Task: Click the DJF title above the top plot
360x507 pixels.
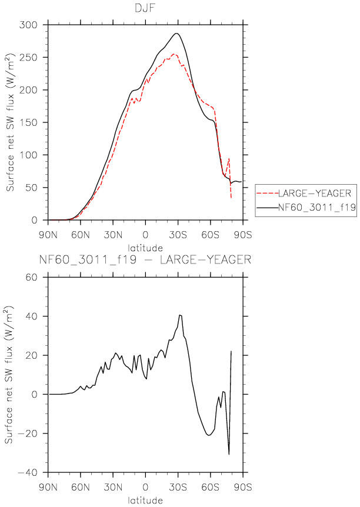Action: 145,8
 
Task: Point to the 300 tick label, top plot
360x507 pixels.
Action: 28,25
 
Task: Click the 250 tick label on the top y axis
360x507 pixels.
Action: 28,58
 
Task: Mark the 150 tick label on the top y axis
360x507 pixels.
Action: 28,122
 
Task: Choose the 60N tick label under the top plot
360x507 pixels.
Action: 80,235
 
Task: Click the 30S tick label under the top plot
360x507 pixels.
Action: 178,235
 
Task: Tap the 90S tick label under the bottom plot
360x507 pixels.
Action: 242,486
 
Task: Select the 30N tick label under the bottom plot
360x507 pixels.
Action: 113,486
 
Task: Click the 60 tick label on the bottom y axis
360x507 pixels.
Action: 31,277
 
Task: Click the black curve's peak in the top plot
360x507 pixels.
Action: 176,33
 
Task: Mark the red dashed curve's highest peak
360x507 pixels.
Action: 174,54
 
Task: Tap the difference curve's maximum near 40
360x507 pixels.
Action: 180,315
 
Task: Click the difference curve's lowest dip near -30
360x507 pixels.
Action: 229,454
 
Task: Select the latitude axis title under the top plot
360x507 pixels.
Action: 145,248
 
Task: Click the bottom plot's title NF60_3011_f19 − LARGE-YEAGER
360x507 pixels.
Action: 145,259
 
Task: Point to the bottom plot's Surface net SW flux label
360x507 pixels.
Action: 9,374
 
